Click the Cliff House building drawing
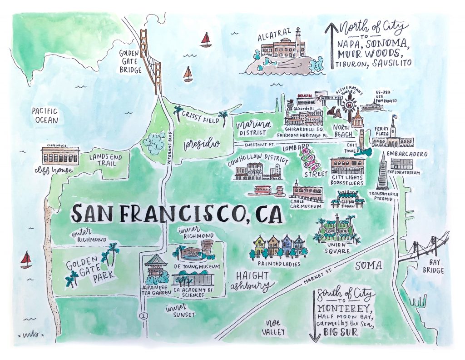point(60,155)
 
